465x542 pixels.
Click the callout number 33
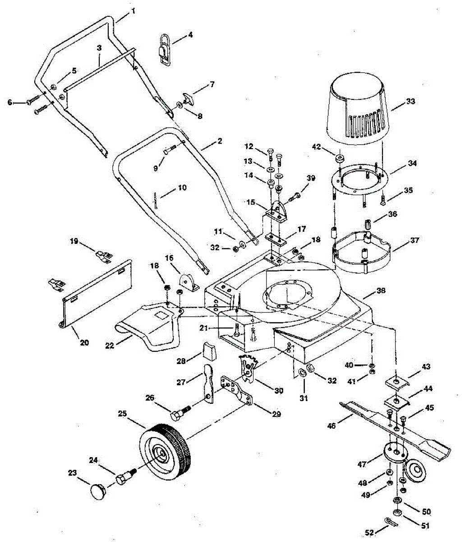pos(410,102)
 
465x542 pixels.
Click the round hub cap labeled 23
pos(99,491)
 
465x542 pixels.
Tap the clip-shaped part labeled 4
pos(165,48)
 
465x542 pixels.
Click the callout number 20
pos(84,342)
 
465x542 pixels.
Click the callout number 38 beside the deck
pos(381,291)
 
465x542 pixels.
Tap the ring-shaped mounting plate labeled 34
pos(361,181)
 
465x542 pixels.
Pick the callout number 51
pos(425,526)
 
